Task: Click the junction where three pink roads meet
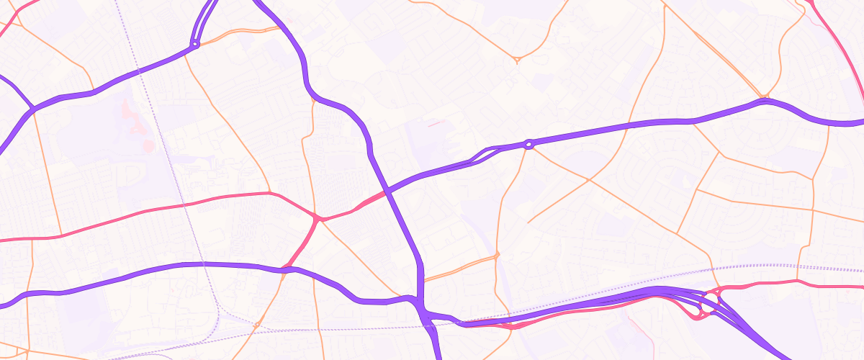(317, 218)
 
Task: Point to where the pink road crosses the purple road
(387, 191)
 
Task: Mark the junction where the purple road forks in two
(32, 109)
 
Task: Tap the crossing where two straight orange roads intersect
(589, 179)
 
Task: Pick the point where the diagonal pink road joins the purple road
(286, 270)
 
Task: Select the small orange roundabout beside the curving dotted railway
(256, 325)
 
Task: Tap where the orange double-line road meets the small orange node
(496, 256)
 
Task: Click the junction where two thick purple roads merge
(422, 306)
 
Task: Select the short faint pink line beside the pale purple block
(437, 124)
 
